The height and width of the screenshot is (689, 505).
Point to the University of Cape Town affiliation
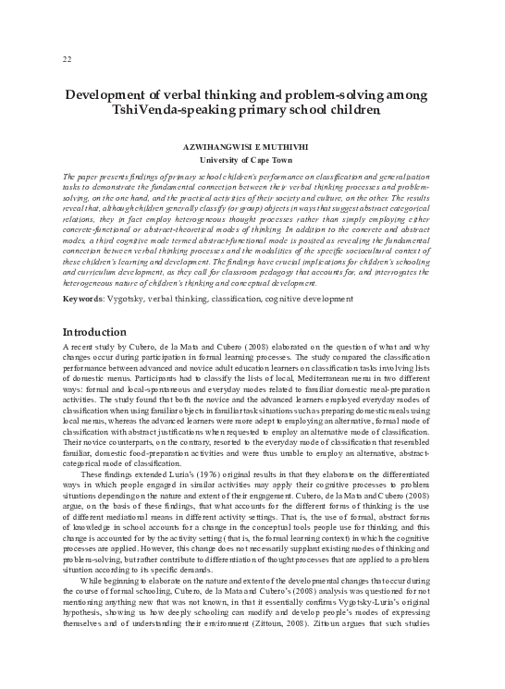tap(252, 160)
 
